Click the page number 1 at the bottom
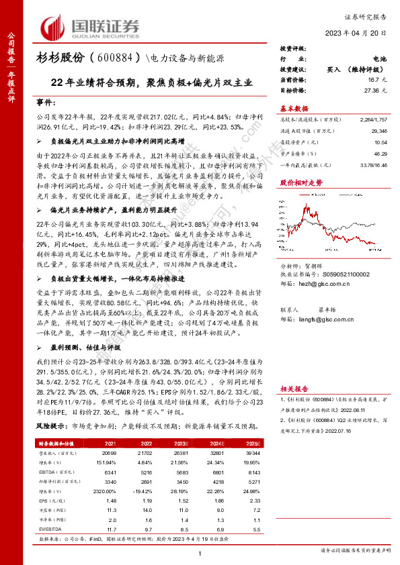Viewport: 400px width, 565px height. pos(200,552)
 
